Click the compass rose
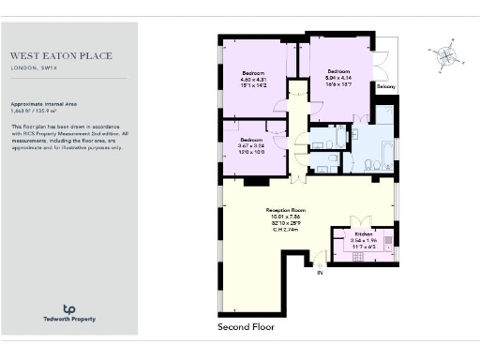point(443,59)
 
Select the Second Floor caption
point(245,327)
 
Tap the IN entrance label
point(319,273)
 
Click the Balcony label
point(385,86)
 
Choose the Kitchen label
point(363,233)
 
